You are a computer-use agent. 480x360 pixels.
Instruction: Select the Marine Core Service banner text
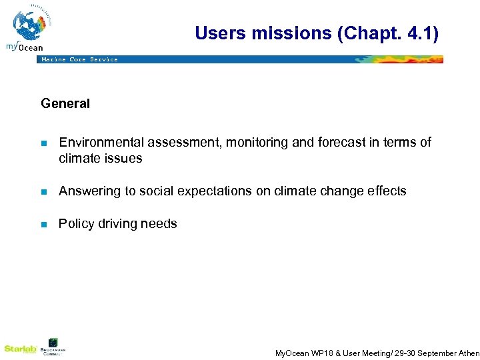(x=79, y=59)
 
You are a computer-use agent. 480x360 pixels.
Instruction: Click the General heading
(x=65, y=103)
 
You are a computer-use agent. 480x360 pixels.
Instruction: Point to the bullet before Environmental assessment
(x=43, y=143)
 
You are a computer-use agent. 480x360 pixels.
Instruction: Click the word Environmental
(x=101, y=142)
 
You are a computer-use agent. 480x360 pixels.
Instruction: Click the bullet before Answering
(x=43, y=192)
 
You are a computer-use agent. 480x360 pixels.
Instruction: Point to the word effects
(x=387, y=191)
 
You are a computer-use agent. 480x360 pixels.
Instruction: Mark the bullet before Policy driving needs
(x=43, y=225)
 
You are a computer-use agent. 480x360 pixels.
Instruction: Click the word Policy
(x=75, y=224)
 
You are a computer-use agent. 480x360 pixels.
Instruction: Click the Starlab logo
(x=18, y=349)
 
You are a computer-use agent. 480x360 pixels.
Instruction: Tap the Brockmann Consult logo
(x=53, y=347)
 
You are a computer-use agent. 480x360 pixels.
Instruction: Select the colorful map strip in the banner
(x=400, y=59)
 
